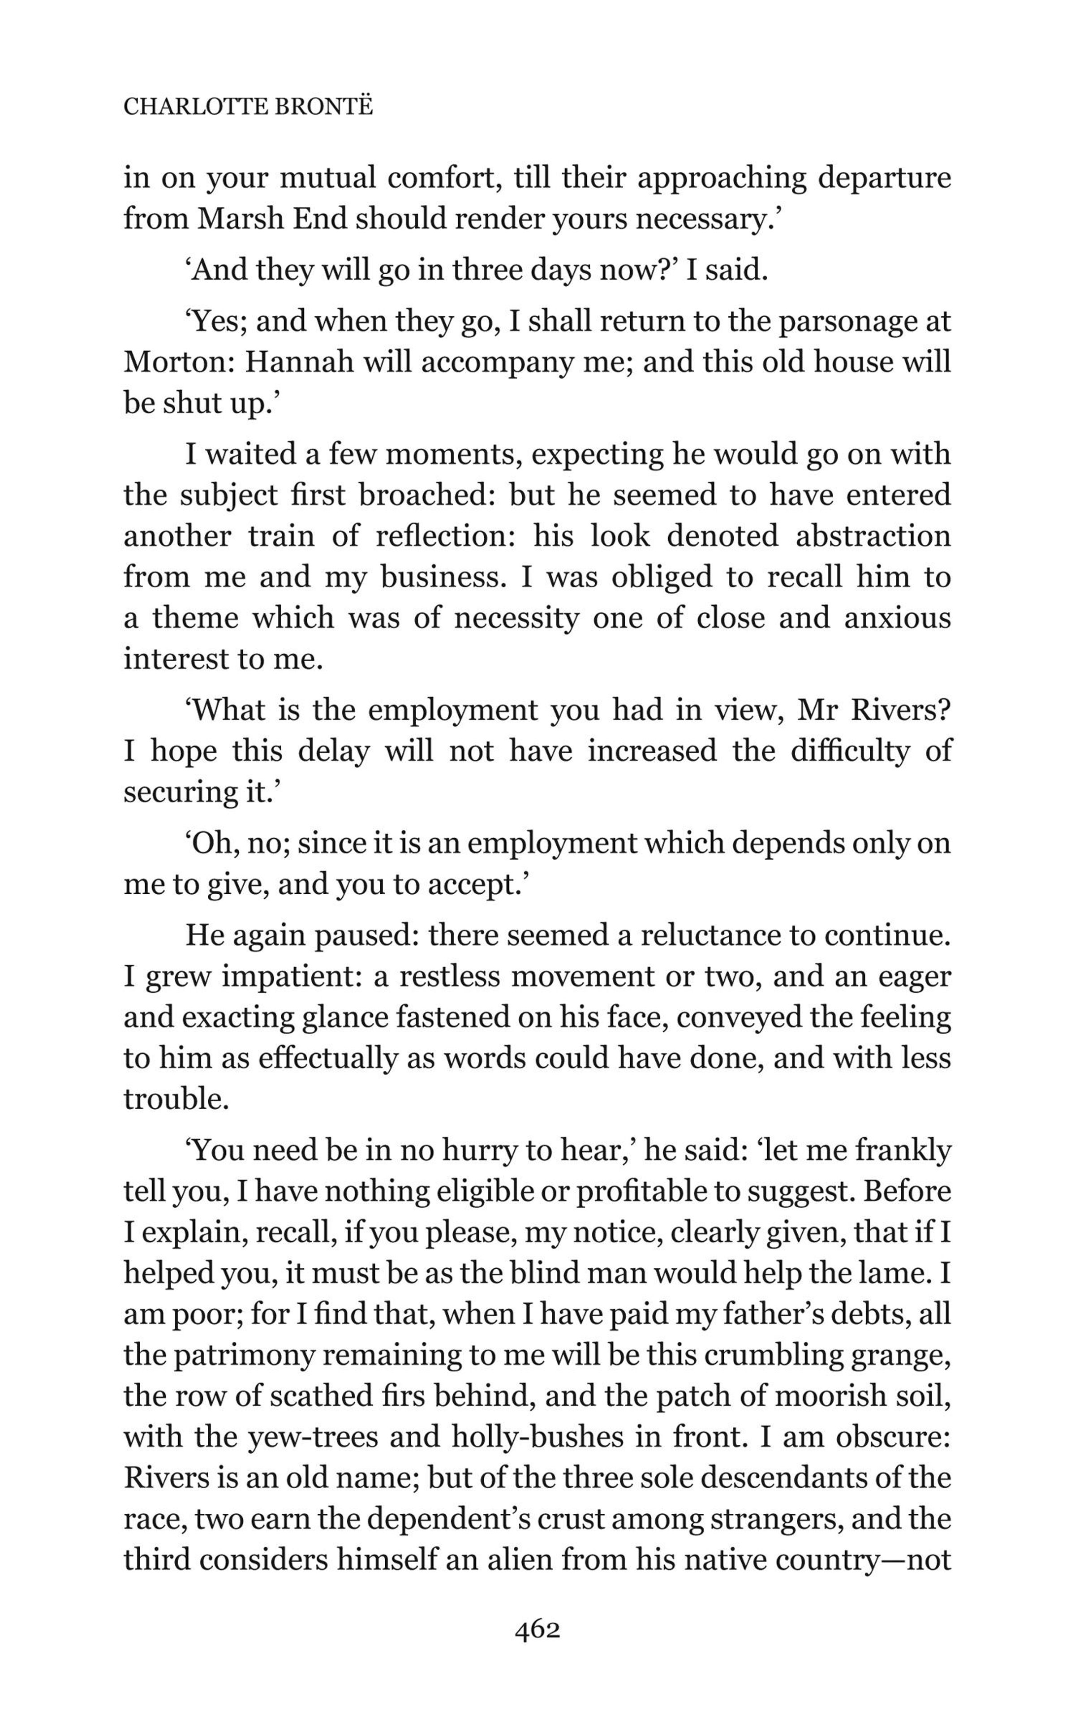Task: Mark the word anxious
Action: [x=897, y=618]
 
